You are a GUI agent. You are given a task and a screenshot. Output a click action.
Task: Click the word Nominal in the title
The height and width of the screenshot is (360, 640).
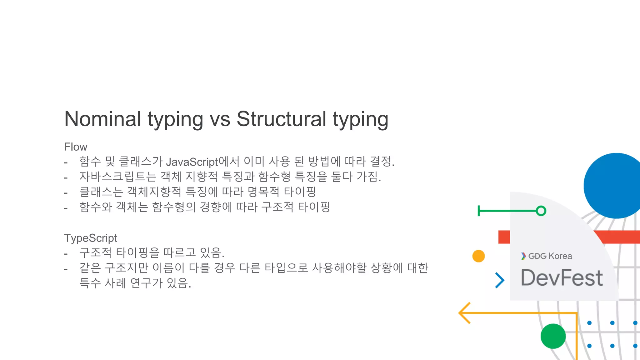pos(102,119)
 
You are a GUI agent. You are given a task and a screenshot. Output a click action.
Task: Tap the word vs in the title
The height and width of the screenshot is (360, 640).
pos(220,120)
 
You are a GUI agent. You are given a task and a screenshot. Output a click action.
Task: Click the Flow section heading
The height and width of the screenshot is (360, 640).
pos(76,147)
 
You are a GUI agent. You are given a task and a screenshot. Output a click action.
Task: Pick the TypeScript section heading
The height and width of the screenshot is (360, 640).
pos(91,238)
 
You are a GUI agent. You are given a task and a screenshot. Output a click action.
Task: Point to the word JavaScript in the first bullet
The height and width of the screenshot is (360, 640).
pos(192,162)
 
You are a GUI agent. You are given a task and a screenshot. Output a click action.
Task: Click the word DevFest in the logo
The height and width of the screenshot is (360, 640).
pos(562,278)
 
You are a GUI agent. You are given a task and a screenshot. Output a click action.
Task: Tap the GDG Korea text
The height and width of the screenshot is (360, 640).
pos(550,256)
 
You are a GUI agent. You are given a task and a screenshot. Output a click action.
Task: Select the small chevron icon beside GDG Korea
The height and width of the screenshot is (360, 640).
pos(523,256)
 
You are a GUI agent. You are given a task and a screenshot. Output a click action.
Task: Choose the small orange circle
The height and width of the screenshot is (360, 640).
pos(478,256)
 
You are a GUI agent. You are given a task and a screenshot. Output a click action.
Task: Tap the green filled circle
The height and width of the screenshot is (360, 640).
pos(553,336)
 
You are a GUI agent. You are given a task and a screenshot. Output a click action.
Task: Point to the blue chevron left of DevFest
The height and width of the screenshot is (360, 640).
pos(500,280)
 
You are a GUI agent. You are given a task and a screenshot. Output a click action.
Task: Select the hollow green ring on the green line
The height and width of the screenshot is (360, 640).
pos(541,211)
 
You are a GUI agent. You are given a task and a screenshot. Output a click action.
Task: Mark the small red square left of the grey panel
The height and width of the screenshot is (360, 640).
pos(504,237)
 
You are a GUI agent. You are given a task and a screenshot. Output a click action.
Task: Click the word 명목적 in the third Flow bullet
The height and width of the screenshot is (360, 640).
pos(263,192)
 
